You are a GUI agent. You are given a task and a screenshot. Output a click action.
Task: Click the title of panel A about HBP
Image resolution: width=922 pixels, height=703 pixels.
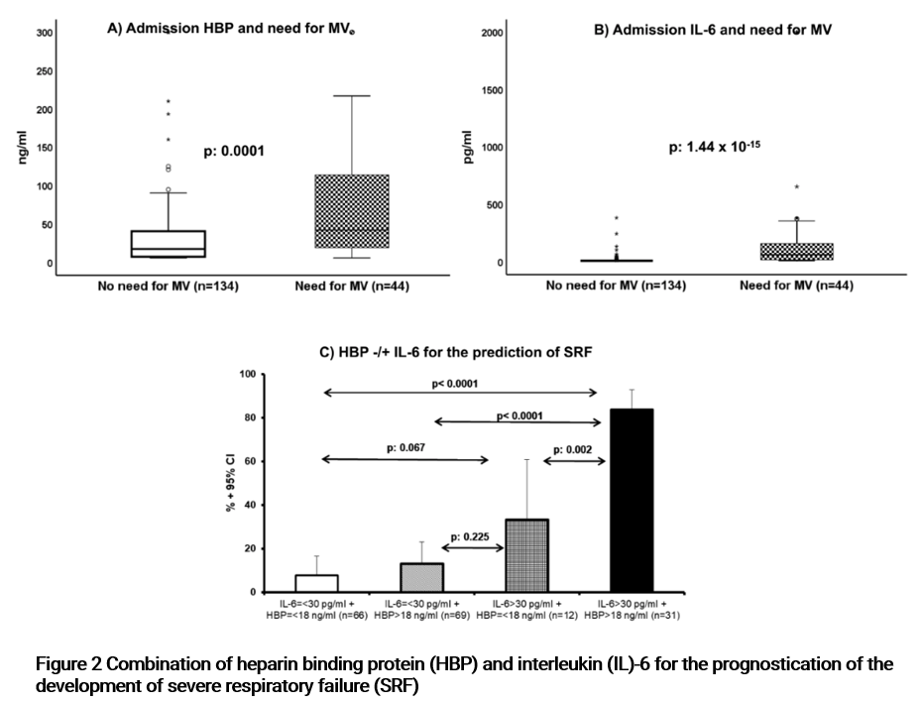tap(230, 30)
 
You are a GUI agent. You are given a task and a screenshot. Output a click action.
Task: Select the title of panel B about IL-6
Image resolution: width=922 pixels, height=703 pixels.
tap(712, 30)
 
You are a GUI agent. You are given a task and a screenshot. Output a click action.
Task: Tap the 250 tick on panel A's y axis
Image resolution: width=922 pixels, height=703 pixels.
tap(45, 71)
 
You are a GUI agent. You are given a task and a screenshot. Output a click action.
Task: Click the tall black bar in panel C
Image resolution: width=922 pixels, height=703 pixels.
tap(632, 501)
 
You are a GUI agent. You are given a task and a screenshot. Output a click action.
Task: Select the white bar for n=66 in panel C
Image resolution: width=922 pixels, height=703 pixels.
tap(294, 583)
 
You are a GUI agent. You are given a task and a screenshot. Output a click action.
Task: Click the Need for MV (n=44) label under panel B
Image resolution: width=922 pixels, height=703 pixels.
tap(796, 286)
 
